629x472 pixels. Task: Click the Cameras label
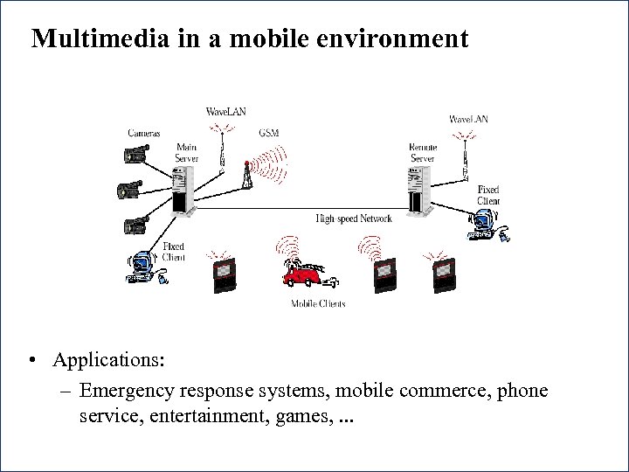click(x=143, y=133)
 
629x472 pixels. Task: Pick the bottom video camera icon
click(x=135, y=226)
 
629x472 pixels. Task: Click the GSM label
click(x=269, y=133)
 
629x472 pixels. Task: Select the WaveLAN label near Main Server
click(x=225, y=111)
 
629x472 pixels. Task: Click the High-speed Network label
click(x=354, y=218)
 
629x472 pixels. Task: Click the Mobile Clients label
click(x=318, y=303)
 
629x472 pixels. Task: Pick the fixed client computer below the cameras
click(x=142, y=267)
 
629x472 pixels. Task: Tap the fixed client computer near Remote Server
click(x=486, y=226)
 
